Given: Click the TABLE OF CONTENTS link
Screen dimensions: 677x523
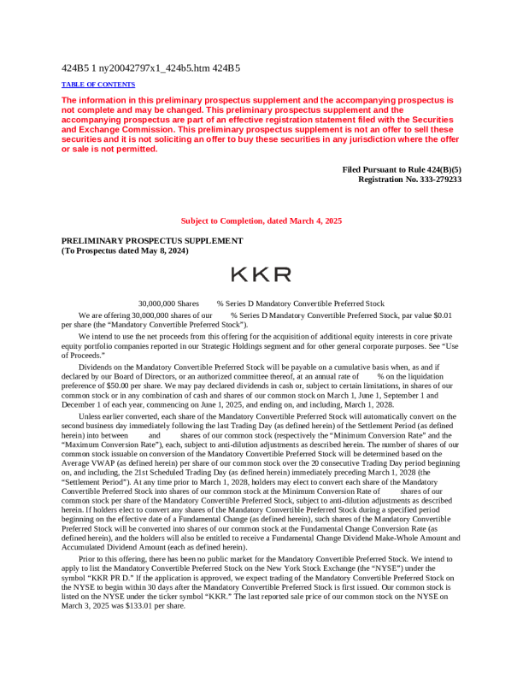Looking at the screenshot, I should (98, 85).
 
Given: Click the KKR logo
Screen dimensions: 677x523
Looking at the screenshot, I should (261, 274).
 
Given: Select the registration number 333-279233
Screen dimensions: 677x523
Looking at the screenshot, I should (436, 180).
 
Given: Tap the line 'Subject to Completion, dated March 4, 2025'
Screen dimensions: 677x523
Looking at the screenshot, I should (261, 221).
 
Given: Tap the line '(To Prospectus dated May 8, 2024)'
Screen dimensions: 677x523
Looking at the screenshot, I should (125, 250).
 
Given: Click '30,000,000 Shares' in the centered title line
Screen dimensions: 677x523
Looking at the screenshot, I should (168, 303).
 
